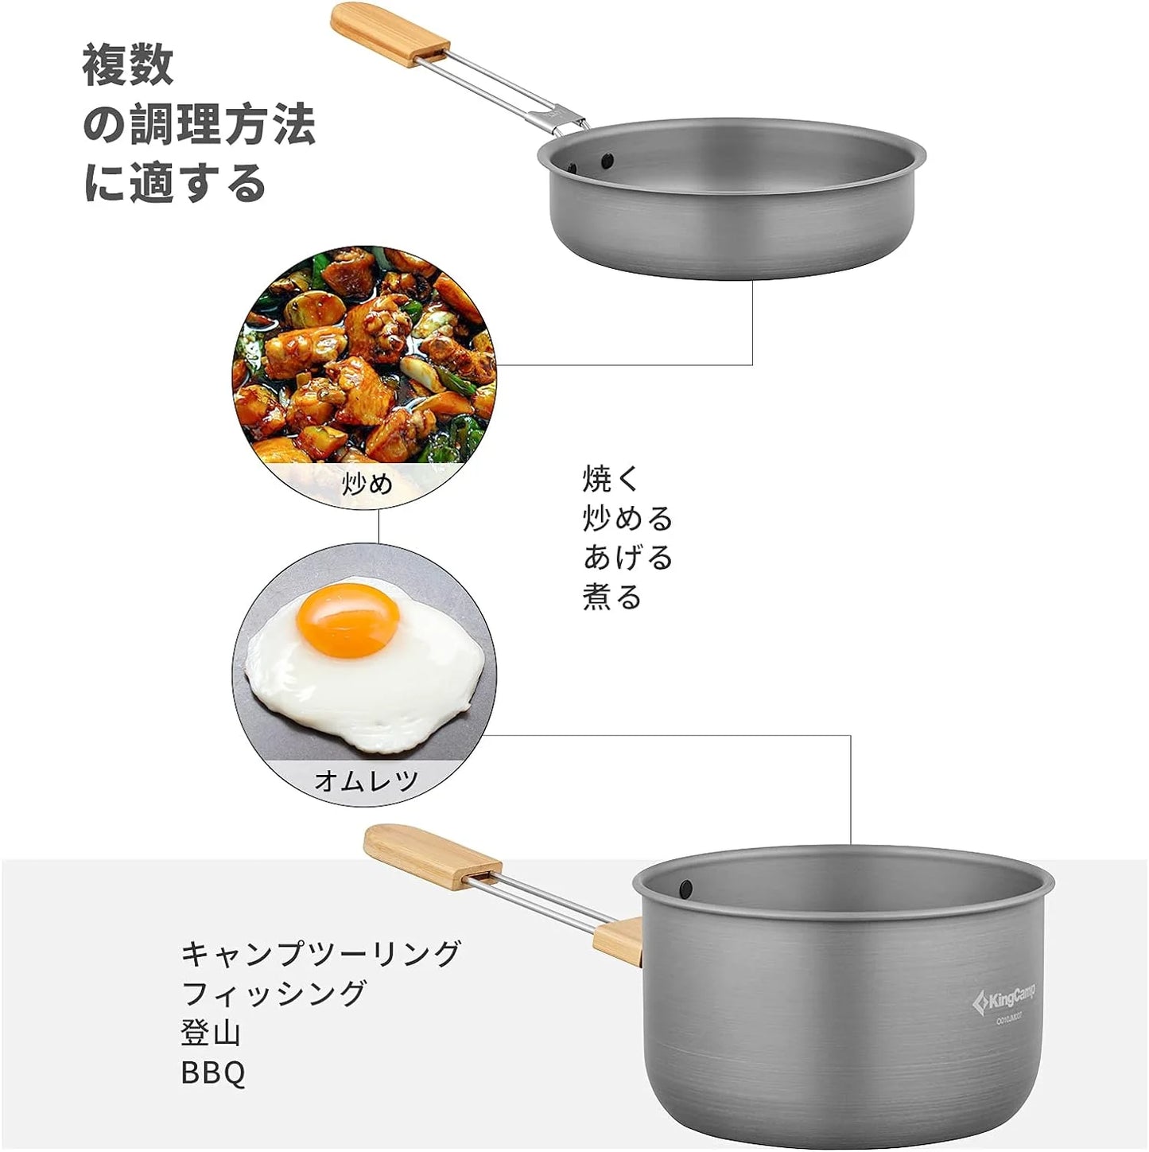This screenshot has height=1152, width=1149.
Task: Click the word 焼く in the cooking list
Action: coord(611,479)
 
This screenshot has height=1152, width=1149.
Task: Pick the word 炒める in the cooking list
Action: coord(628,519)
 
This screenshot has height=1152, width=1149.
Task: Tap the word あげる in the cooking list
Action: coord(628,558)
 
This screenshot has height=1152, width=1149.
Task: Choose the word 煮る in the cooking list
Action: coord(611,597)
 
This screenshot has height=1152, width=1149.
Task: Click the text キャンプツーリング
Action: coord(321,953)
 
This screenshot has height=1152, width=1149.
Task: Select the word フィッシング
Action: coord(274,994)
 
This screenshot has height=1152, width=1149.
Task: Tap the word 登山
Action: coord(211,1033)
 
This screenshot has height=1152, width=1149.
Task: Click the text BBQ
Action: coord(213,1073)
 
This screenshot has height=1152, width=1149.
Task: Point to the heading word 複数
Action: coord(128,66)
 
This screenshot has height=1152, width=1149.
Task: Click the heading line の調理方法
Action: coord(200,125)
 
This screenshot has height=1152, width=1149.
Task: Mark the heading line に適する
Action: coord(175,183)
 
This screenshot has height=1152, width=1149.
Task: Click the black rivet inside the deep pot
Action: coord(684,885)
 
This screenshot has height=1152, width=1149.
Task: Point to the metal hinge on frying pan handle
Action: coord(566,119)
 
